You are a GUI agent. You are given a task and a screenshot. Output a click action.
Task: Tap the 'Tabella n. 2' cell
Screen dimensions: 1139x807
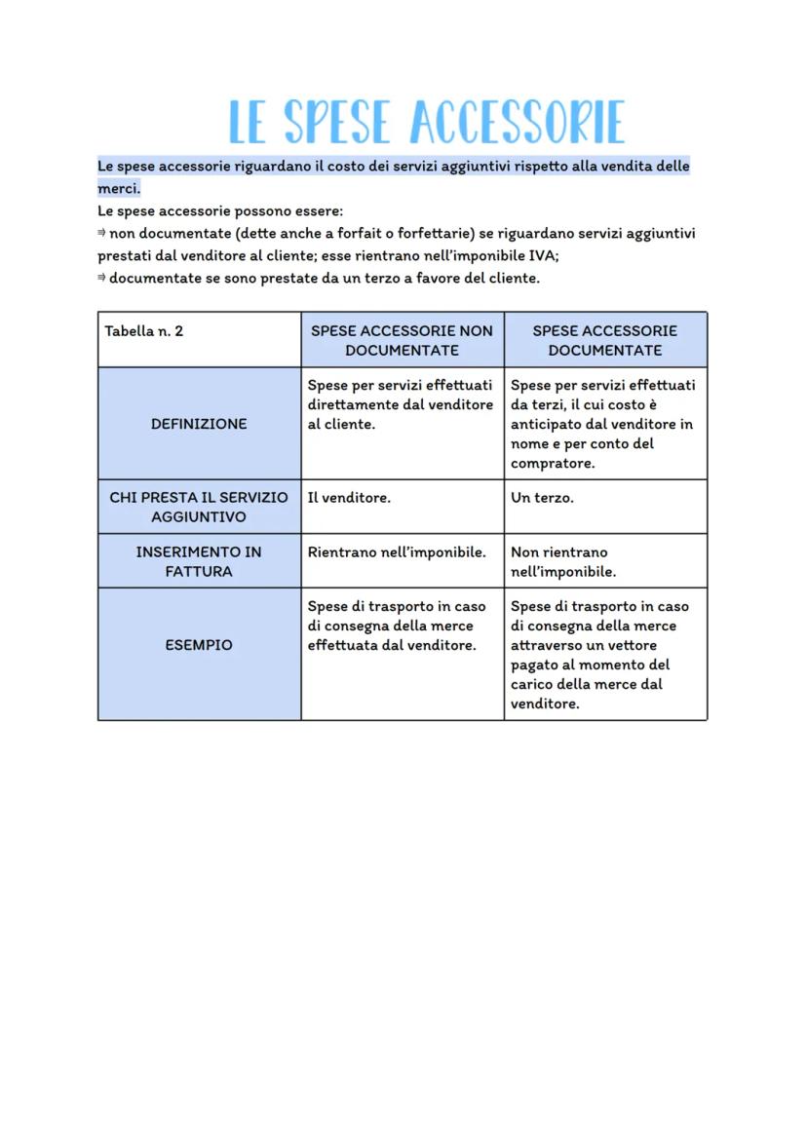144,331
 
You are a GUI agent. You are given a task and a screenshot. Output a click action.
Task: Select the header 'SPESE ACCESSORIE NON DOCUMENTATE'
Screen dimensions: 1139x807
402,340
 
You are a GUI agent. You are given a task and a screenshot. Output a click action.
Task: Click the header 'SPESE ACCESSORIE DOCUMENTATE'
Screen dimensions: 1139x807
604,340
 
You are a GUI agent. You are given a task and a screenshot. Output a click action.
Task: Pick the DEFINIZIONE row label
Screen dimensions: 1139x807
199,424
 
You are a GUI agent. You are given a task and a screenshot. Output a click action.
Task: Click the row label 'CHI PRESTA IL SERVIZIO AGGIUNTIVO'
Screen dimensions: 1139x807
199,507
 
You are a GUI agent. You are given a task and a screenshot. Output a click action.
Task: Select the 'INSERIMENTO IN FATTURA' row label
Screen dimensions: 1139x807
199,561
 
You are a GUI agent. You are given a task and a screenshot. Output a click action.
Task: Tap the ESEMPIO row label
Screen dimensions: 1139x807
199,645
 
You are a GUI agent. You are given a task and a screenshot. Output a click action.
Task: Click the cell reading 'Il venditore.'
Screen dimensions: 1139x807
349,498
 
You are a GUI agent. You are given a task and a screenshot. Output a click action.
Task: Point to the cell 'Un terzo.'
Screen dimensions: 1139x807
542,498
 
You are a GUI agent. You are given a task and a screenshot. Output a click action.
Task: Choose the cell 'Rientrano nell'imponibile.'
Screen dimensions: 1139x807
397,552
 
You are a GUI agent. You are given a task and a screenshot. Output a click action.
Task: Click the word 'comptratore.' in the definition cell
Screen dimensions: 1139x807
553,464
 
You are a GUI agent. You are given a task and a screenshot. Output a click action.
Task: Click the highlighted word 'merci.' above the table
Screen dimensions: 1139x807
119,188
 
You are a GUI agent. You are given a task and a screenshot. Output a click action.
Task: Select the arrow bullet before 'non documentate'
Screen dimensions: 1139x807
101,234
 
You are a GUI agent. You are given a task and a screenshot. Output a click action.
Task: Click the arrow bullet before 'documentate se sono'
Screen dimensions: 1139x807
101,279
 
